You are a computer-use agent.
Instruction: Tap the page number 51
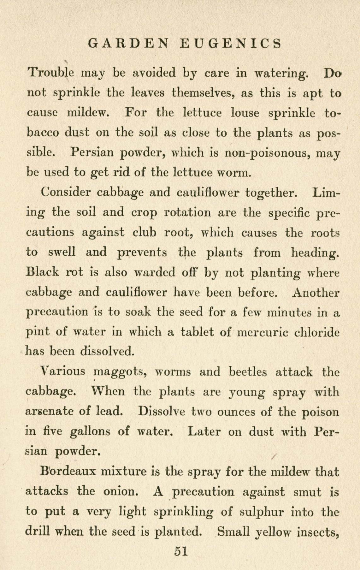pos(181,551)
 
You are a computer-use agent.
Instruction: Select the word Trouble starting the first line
pos(51,73)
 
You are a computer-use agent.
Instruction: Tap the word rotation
pos(188,212)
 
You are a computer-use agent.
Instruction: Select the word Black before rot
pos(42,272)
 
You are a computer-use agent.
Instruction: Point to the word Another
pos(316,293)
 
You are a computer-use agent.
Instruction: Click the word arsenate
pos(49,412)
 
